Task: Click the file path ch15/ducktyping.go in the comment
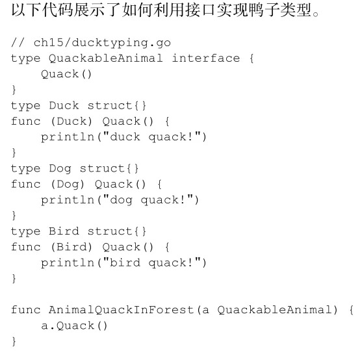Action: (102, 43)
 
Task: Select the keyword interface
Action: (206, 58)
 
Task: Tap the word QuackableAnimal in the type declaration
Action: (106, 58)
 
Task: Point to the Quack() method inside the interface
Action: (66, 74)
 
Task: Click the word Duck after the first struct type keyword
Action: (64, 105)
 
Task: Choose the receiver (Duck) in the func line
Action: (71, 122)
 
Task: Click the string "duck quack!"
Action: (152, 137)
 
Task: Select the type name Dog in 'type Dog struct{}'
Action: (60, 169)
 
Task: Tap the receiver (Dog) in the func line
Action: (68, 185)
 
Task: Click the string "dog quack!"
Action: (148, 200)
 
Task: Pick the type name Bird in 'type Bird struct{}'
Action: (64, 231)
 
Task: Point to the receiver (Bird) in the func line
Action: (71, 247)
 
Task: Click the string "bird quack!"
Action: (152, 263)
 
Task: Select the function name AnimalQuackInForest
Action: (121, 310)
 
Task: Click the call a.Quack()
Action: (74, 326)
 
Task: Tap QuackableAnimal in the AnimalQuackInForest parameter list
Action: (274, 310)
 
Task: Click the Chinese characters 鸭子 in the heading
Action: (264, 10)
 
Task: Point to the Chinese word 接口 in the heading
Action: (201, 10)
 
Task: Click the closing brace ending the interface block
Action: (14, 90)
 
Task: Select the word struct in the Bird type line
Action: (109, 231)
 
